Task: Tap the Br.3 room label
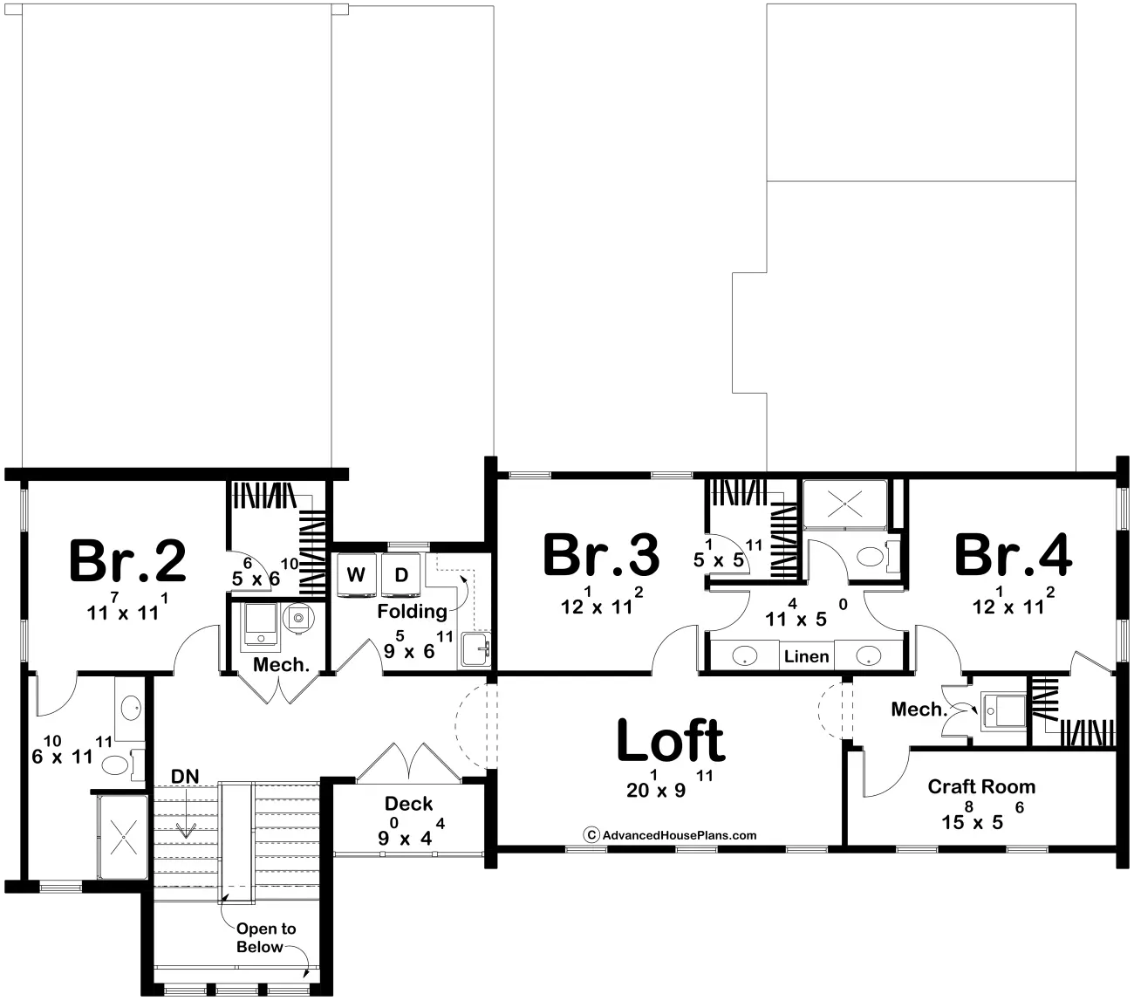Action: [601, 555]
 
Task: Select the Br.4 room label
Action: [1013, 555]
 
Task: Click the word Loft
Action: [670, 741]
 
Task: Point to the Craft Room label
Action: [981, 786]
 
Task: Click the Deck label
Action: [408, 803]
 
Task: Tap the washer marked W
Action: [356, 574]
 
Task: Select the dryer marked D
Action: [401, 574]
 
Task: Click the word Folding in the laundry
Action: [412, 611]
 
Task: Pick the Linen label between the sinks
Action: [806, 655]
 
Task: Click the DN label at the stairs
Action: [184, 776]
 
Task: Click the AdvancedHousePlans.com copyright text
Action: [670, 835]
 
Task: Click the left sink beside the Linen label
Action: [743, 655]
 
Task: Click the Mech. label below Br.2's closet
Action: [281, 665]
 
